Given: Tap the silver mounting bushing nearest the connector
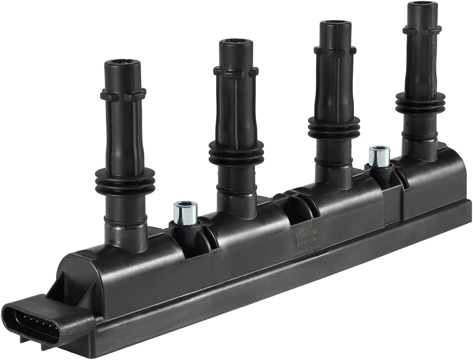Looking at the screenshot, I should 185,213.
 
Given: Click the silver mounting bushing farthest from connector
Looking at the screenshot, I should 379,156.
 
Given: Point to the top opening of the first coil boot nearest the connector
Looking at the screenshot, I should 123,64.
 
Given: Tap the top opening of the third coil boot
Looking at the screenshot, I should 335,24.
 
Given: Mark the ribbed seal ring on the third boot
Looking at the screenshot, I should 334,127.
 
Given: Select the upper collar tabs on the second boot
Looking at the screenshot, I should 235,72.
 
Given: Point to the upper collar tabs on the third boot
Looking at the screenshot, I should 335,51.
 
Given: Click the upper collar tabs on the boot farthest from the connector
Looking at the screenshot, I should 422,30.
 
